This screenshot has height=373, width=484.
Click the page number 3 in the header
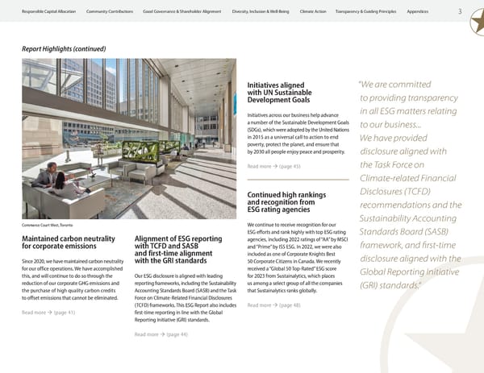pos(459,10)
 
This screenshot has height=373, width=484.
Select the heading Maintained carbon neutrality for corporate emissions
pos(71,242)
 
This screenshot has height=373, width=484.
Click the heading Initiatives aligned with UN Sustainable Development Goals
pos(280,93)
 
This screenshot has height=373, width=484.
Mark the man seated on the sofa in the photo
pos(50,173)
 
